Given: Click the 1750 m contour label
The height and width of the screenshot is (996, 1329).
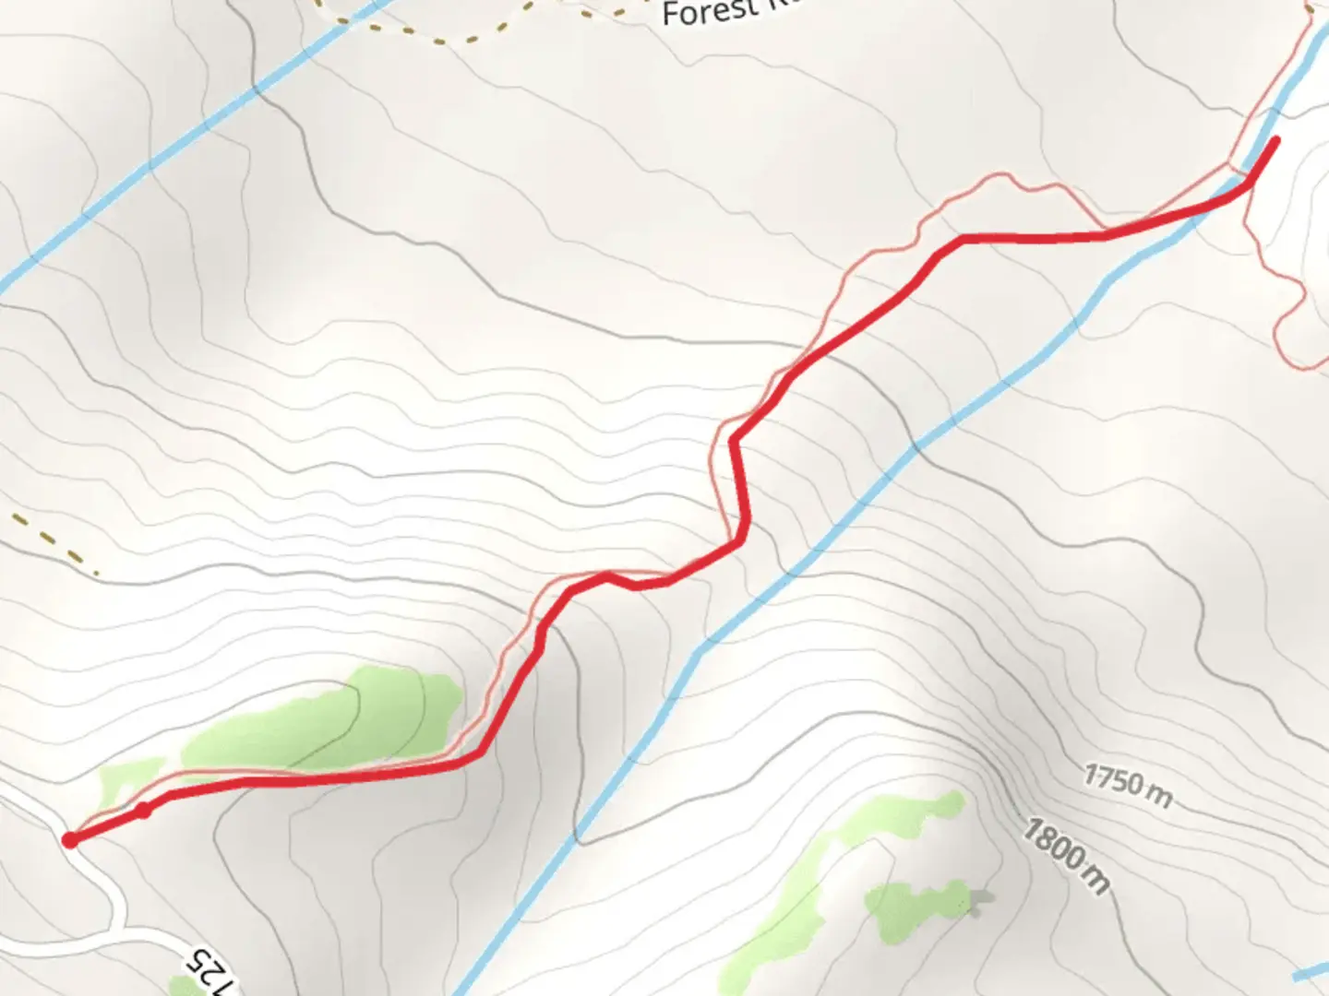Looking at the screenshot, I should [1128, 786].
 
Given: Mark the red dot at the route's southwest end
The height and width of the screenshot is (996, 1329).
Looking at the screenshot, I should [70, 839].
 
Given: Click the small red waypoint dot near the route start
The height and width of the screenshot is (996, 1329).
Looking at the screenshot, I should [143, 811].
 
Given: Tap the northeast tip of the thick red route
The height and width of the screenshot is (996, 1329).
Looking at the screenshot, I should [1276, 139].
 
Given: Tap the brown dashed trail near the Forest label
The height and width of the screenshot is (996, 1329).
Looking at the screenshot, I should [434, 37].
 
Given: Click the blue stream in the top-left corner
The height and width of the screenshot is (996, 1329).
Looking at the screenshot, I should [138, 175].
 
